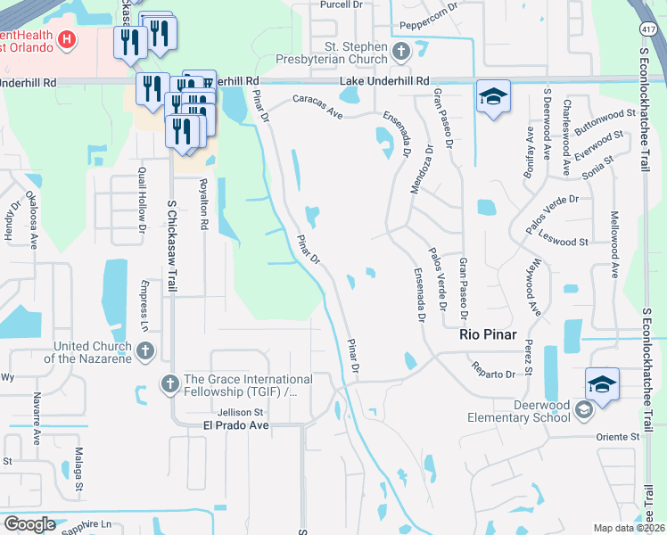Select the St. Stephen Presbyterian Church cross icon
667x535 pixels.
tap(401, 51)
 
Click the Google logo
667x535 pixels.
tap(29, 524)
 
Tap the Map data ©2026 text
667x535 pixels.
tap(630, 528)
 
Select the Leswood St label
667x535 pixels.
tap(571, 242)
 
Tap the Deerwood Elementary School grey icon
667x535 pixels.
tap(584, 410)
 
